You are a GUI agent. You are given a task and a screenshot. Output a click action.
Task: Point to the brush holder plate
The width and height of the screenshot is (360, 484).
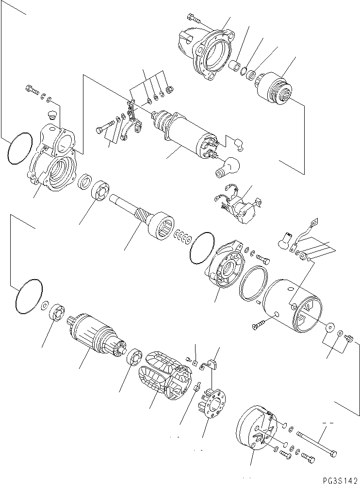tap(211, 400)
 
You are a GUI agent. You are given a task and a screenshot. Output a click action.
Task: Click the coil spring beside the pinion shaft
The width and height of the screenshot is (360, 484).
tap(182, 236)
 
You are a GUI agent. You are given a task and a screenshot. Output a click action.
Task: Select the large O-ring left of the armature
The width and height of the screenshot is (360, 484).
tap(28, 296)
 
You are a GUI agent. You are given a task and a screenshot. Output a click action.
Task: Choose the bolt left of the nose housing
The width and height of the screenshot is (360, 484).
tap(193, 20)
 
